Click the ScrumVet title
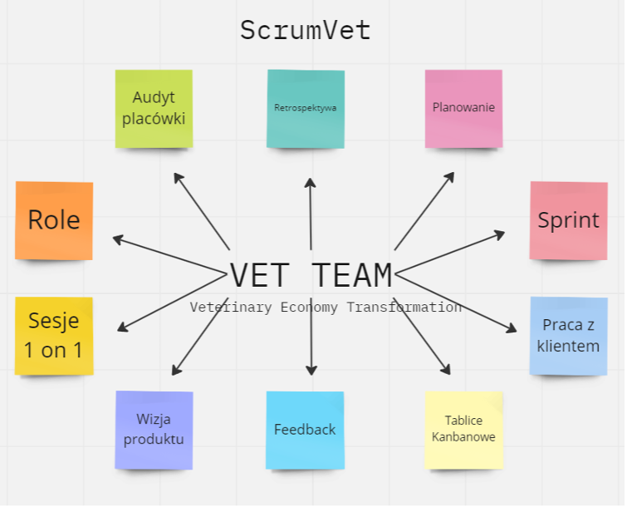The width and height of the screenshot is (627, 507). [x=305, y=31]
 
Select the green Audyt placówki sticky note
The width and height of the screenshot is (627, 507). [x=154, y=108]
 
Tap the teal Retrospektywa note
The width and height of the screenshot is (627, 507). [x=306, y=108]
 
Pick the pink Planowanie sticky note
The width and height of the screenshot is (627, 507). [x=463, y=108]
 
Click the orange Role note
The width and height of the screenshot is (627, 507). [x=54, y=220]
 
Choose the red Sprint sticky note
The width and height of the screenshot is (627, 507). [x=568, y=220]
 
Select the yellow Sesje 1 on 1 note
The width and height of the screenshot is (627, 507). [x=54, y=336]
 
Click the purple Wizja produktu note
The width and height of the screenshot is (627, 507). [x=154, y=430]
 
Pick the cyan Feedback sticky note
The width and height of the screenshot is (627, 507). [x=305, y=430]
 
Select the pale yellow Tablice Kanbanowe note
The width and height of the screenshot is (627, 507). [x=463, y=430]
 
